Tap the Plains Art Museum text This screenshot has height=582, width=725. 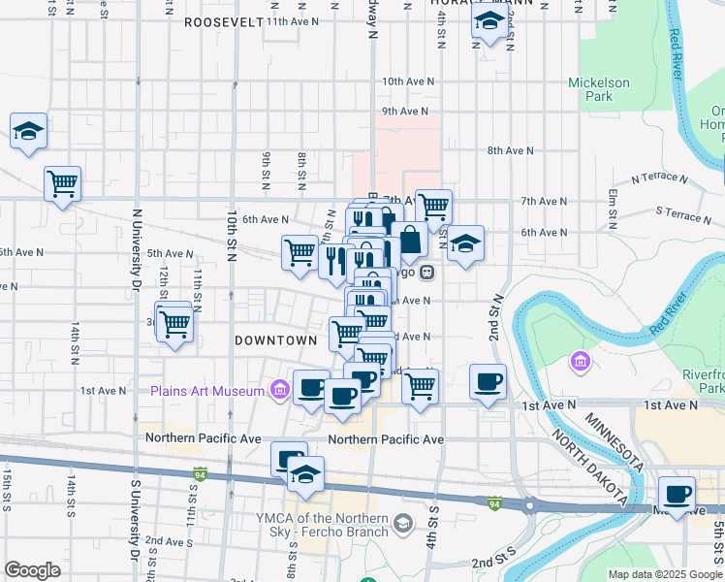pyautogui.click(x=206, y=391)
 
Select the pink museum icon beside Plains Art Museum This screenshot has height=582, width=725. pyautogui.click(x=279, y=391)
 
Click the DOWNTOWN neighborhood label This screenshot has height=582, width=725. pyautogui.click(x=276, y=340)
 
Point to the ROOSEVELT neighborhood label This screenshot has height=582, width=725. pyautogui.click(x=223, y=21)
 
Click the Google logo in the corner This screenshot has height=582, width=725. pyautogui.click(x=32, y=569)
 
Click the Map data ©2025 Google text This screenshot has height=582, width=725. pyautogui.click(x=664, y=574)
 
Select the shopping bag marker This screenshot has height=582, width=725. pyautogui.click(x=410, y=241)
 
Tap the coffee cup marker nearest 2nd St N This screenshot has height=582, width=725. pyautogui.click(x=488, y=381)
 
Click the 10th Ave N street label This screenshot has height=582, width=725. pyautogui.click(x=405, y=81)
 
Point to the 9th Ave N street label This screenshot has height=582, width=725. pyautogui.click(x=405, y=112)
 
